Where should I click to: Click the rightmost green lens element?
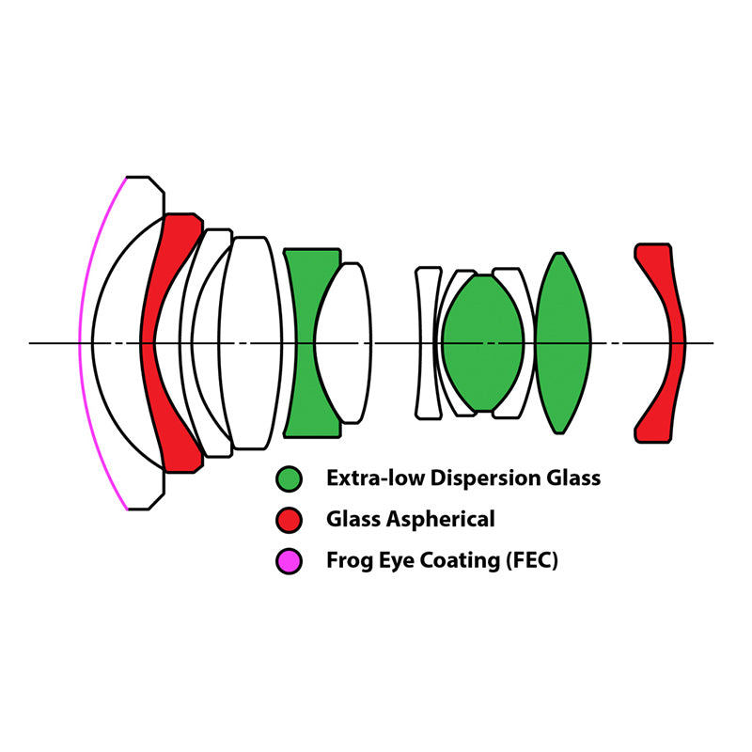click(563, 343)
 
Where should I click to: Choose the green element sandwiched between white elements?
click(483, 343)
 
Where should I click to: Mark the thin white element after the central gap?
click(428, 343)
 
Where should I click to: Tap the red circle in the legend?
click(290, 520)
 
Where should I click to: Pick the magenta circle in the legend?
click(290, 562)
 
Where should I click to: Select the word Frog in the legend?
click(349, 562)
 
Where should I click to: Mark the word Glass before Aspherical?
click(351, 520)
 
